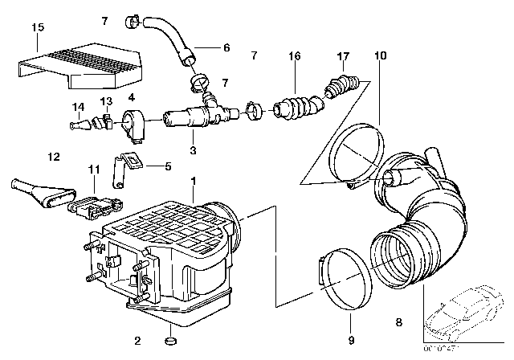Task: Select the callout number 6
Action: [x=226, y=48]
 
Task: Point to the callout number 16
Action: [x=295, y=55]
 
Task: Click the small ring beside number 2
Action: [x=171, y=345]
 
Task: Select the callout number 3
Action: [x=192, y=150]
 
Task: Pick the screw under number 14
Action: [x=76, y=125]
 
